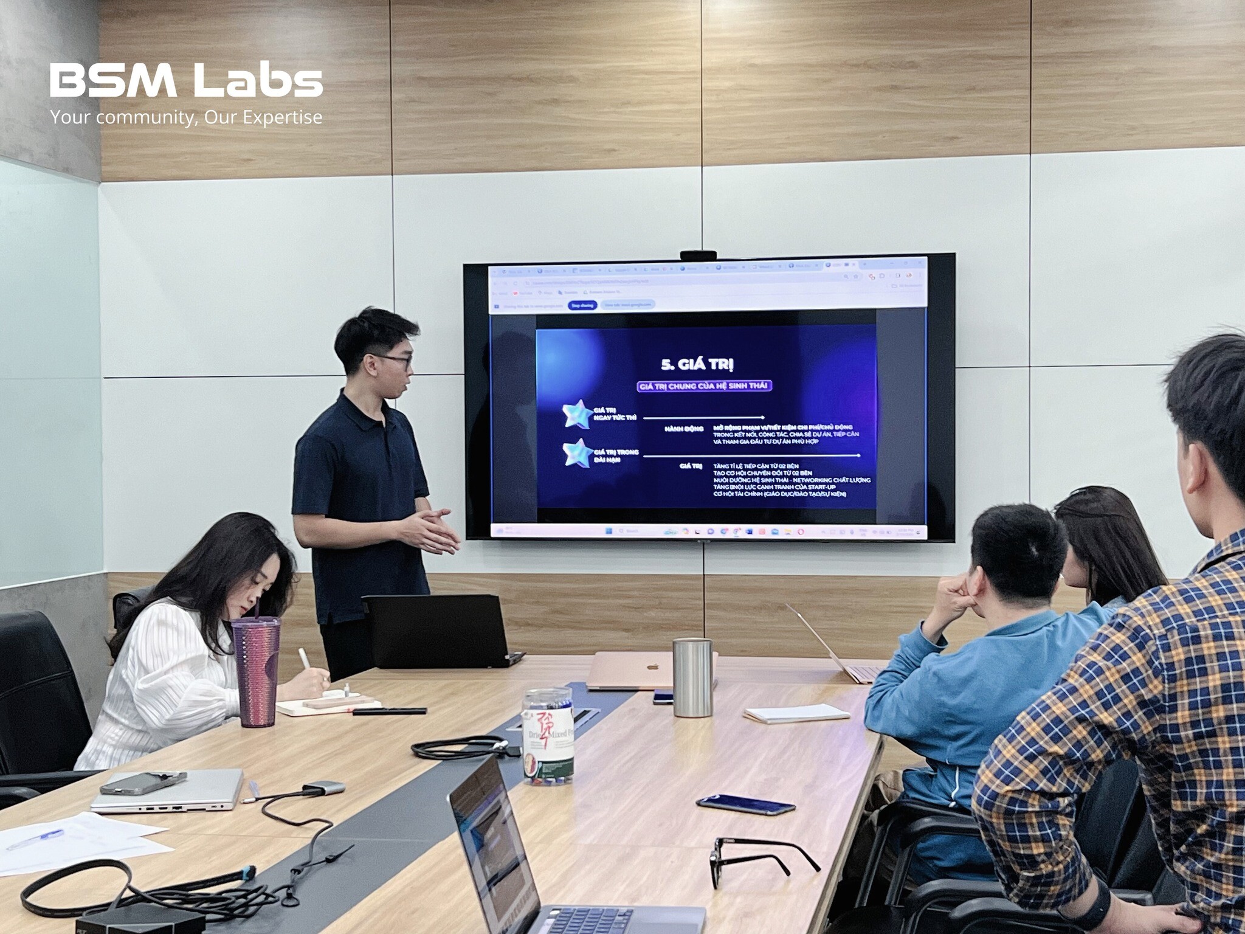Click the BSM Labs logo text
tap(186, 81)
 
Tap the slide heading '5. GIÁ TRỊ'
tap(697, 364)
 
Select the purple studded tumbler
tap(257, 671)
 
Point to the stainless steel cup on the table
tap(692, 676)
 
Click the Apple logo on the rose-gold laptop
tap(652, 665)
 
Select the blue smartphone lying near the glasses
tap(745, 804)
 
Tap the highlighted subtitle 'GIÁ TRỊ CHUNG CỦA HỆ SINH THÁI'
tap(704, 387)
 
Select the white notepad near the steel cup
tap(796, 713)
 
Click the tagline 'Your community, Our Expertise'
tap(186, 117)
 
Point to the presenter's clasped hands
tap(433, 530)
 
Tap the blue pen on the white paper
tap(43, 838)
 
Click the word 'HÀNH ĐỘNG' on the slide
tap(684, 429)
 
